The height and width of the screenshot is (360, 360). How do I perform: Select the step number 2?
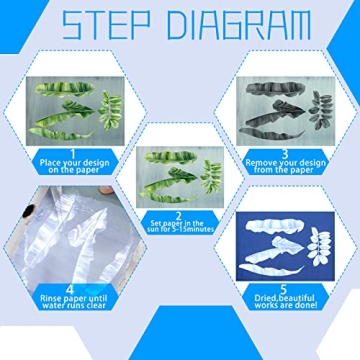[x=180, y=215]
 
